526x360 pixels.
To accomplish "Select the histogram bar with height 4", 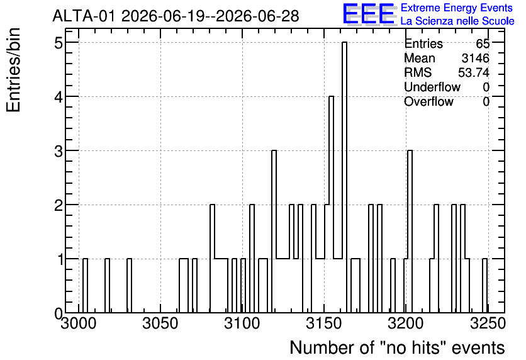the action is tap(331, 205).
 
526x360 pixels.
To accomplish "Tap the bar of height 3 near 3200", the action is tap(410, 232).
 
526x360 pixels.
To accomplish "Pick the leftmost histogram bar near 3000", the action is tap(85, 286).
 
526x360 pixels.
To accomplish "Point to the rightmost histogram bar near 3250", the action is tap(484, 286).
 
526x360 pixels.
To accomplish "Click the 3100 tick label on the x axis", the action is tap(242, 323).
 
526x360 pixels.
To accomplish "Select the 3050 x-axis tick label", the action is tap(160, 323).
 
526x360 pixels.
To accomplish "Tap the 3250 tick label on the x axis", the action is tap(488, 323).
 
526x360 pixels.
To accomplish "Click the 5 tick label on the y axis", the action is tap(59, 43).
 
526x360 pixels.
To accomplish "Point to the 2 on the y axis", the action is tap(59, 205).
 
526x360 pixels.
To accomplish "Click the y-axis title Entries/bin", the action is tap(13, 70).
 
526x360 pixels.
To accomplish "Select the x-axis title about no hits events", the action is tap(397, 347).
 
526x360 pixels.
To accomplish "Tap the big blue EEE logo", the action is tap(369, 14).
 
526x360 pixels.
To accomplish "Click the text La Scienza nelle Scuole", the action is tap(457, 21).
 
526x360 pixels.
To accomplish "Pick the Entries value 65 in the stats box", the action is tap(483, 43).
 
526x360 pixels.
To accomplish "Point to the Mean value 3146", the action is tap(476, 58).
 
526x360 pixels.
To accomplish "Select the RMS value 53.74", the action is tap(474, 72).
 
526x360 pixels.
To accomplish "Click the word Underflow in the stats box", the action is tap(432, 87).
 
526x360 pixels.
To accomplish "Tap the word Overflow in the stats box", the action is tap(428, 101).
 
